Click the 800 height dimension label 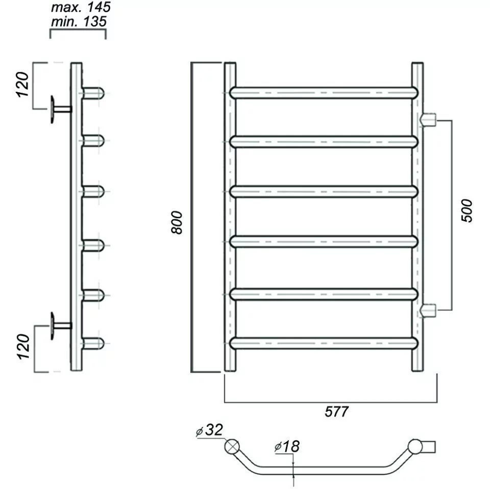(177, 222)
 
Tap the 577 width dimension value (337, 411)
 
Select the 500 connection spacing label (467, 210)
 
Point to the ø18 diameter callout (287, 447)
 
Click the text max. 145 (81, 8)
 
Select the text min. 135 (79, 21)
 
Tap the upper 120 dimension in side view (23, 84)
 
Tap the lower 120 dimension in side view (23, 345)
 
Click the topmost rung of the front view (324, 93)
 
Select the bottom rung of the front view (324, 343)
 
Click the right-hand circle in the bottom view (415, 446)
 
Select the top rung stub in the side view (93, 93)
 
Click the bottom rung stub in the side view (93, 343)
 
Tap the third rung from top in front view (324, 192)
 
